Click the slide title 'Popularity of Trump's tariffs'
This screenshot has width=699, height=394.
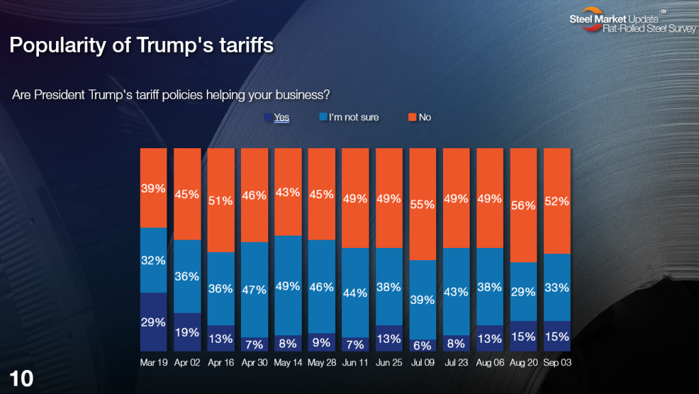141,46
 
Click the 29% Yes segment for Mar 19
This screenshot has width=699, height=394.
154,322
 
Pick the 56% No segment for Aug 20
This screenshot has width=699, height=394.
524,205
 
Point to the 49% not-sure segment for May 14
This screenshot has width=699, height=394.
287,285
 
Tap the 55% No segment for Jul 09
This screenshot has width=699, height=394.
423,203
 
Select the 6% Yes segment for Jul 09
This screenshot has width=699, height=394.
423,346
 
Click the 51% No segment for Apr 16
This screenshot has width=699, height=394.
220,199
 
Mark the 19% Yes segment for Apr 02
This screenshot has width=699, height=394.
187,332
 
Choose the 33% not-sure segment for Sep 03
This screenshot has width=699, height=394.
557,287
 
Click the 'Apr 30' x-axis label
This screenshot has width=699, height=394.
254,363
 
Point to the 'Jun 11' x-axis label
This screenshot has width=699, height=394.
355,363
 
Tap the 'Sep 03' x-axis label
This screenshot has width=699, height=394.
557,363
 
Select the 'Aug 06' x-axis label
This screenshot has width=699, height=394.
489,363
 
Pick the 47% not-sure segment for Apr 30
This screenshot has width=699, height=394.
254,288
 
